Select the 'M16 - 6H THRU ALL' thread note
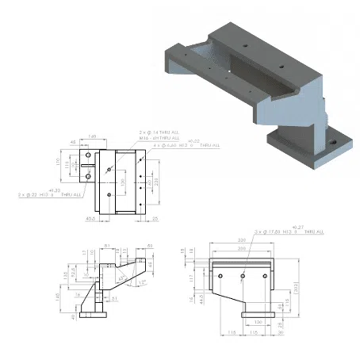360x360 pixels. tap(162, 139)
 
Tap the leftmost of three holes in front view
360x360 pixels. tap(226, 276)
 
